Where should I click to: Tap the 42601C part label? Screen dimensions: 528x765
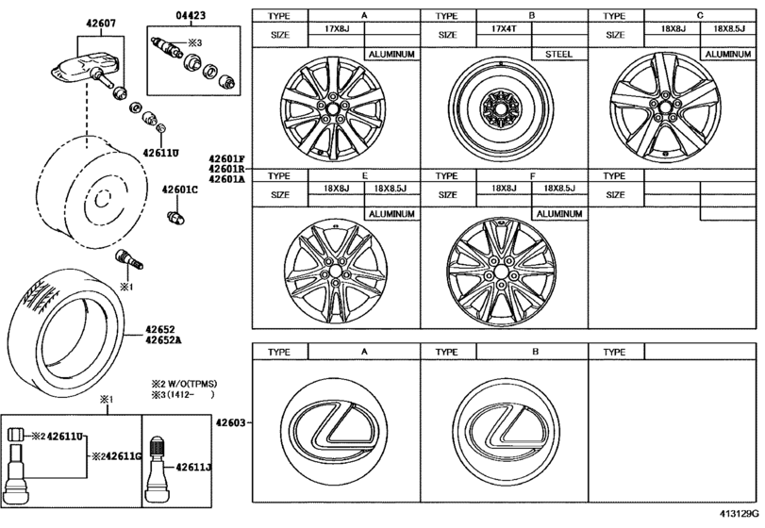coord(179,190)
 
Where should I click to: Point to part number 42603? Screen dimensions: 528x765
coord(232,424)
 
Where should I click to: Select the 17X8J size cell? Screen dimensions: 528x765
coord(337,29)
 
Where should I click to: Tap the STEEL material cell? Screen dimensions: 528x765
coord(558,55)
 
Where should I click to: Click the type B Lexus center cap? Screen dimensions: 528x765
coord(500,424)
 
